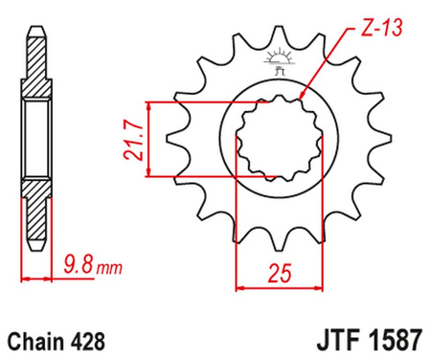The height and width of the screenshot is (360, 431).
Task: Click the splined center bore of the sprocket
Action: pos(279,140)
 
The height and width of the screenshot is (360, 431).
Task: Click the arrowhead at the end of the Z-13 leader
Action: pos(302,98)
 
